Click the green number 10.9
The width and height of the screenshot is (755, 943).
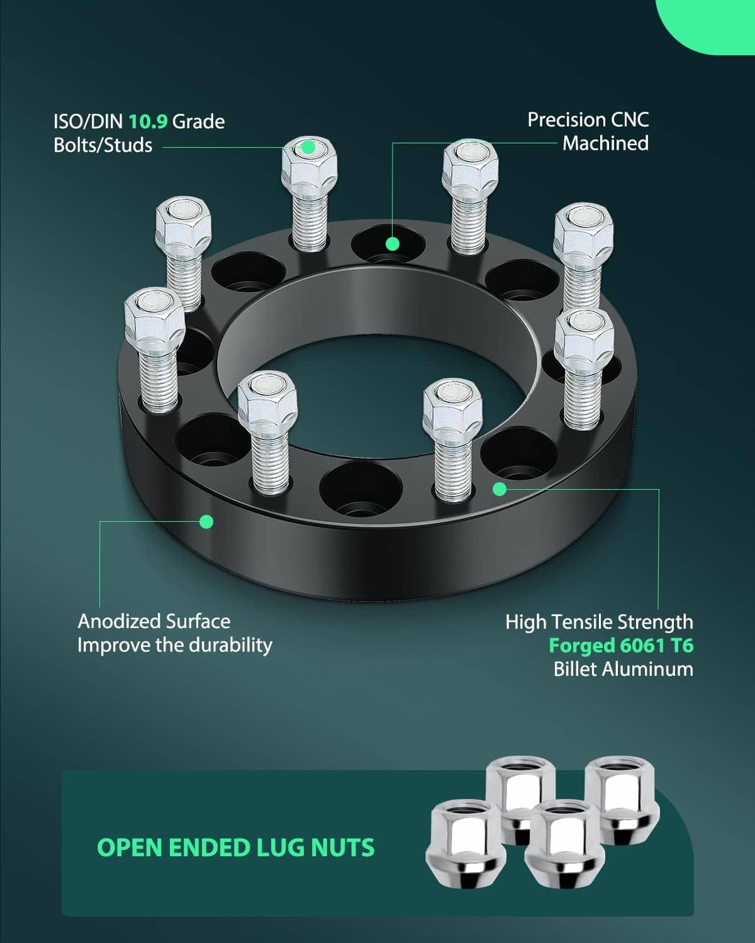148,122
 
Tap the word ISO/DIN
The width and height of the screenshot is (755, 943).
87,122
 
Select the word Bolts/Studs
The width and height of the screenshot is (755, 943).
103,145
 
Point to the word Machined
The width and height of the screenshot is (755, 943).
605,144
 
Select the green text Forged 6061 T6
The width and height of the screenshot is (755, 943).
621,646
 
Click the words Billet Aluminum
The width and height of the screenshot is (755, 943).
624,669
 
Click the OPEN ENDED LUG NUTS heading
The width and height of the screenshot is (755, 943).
236,847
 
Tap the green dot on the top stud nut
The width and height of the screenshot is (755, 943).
308,148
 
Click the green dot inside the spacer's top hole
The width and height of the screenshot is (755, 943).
393,244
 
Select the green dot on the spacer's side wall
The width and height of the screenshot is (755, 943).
206,522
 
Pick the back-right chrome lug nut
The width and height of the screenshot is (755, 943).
622,798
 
